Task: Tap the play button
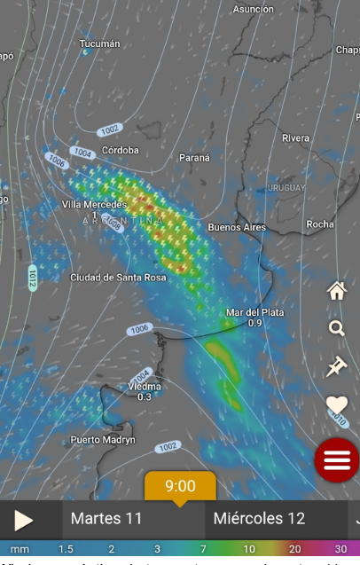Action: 24,520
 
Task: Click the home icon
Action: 336,290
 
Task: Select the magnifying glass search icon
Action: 336,328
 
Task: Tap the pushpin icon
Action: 336,366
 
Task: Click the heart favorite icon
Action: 336,405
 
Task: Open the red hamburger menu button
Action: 337,459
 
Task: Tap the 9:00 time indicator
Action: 180,486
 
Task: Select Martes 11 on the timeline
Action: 107,519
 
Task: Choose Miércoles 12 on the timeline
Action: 259,519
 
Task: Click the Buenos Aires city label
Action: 237,228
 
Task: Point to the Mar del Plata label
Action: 255,312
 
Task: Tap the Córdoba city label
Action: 120,151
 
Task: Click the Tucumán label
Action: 99,43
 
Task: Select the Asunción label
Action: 253,9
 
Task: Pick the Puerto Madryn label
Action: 103,440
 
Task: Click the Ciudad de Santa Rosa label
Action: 119,278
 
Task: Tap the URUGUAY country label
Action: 286,188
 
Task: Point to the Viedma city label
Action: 145,387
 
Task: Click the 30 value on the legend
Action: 340,549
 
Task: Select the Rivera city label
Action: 296,138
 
